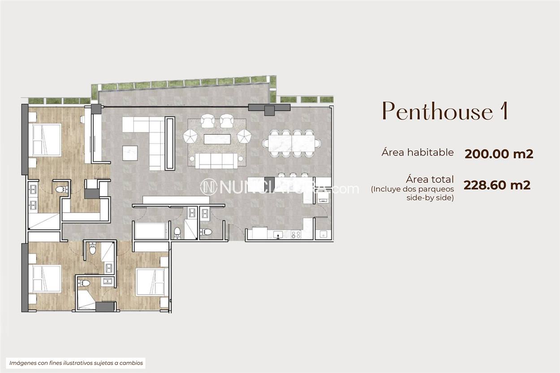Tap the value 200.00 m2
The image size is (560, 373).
499,154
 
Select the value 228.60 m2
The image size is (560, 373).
497,185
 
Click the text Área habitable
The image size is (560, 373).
418,152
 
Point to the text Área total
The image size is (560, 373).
430,179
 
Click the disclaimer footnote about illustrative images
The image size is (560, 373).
76,363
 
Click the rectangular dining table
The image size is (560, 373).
292,143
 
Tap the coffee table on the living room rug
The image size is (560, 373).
217,139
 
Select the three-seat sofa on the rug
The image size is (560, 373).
217,160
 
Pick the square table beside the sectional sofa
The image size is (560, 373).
130,153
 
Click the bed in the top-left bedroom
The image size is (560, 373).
46,140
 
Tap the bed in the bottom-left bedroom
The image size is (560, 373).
45,279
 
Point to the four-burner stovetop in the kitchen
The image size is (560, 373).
296,234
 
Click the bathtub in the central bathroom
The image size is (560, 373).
151,231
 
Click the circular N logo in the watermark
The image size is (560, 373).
208,187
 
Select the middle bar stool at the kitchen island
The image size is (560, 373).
293,176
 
